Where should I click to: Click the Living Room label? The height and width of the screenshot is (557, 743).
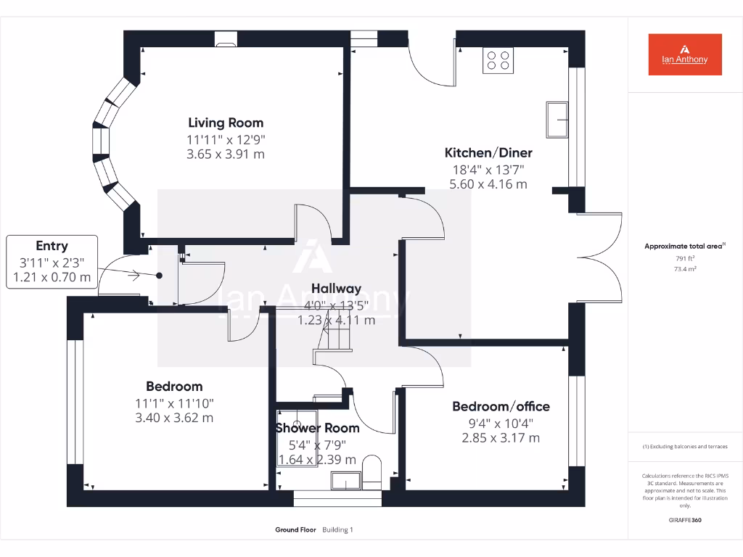pos(226,123)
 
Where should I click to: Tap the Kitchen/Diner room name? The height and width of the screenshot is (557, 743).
pos(488,153)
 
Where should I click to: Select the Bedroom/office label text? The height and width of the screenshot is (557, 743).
pos(501,406)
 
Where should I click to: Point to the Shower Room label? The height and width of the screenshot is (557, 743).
pos(317,428)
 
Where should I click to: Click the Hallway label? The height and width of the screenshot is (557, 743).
pos(336,289)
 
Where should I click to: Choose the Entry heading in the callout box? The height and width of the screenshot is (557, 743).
pos(52,246)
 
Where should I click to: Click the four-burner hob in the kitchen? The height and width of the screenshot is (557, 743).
pos(498,60)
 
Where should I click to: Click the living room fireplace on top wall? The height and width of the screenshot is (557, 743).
pos(226,40)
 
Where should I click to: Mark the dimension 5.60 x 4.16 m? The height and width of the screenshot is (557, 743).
pos(488,184)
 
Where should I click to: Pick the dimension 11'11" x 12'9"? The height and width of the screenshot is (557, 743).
pos(226,139)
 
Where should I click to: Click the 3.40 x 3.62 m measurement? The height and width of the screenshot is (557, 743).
pos(174,418)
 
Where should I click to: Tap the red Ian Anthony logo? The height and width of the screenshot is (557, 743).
pos(685,54)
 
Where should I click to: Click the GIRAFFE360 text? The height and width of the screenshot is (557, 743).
pos(685,520)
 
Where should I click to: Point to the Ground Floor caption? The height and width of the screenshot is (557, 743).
pos(295,530)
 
